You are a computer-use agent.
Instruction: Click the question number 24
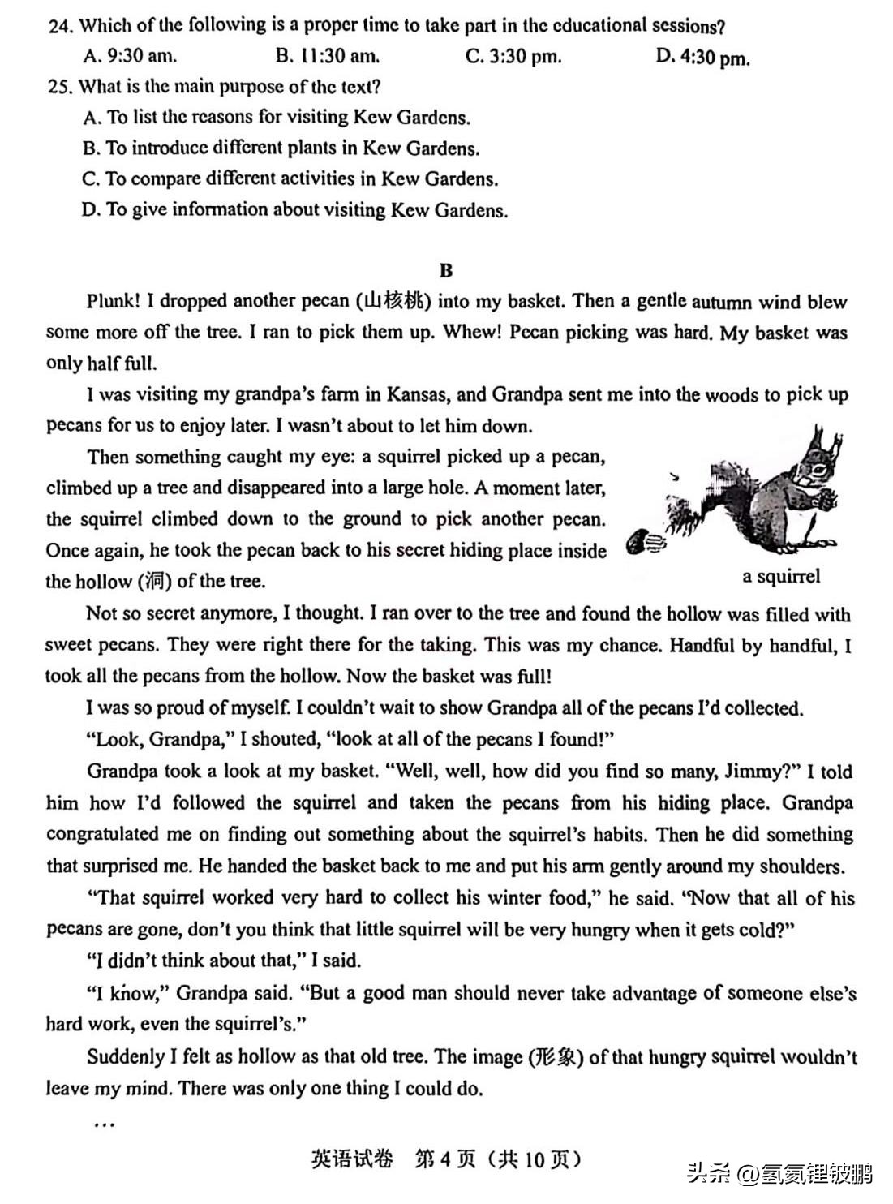pyautogui.click(x=60, y=26)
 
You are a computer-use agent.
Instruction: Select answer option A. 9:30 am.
pyautogui.click(x=130, y=56)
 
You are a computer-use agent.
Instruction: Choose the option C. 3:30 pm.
pyautogui.click(x=513, y=56)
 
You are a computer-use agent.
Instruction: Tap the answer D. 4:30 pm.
pyautogui.click(x=702, y=57)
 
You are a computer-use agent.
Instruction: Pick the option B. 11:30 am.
pyautogui.click(x=327, y=56)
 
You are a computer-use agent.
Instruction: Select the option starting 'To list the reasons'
pyautogui.click(x=277, y=118)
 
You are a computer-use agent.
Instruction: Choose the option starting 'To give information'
pyautogui.click(x=294, y=210)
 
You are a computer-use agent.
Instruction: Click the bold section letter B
pyautogui.click(x=446, y=270)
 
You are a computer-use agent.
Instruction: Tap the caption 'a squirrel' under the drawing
pyautogui.click(x=781, y=576)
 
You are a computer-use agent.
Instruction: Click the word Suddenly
pyautogui.click(x=126, y=1057)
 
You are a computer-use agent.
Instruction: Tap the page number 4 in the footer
pyautogui.click(x=444, y=1159)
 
